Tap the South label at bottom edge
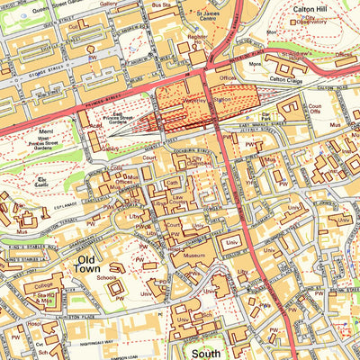click(201, 353)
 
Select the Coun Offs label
click(315, 113)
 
